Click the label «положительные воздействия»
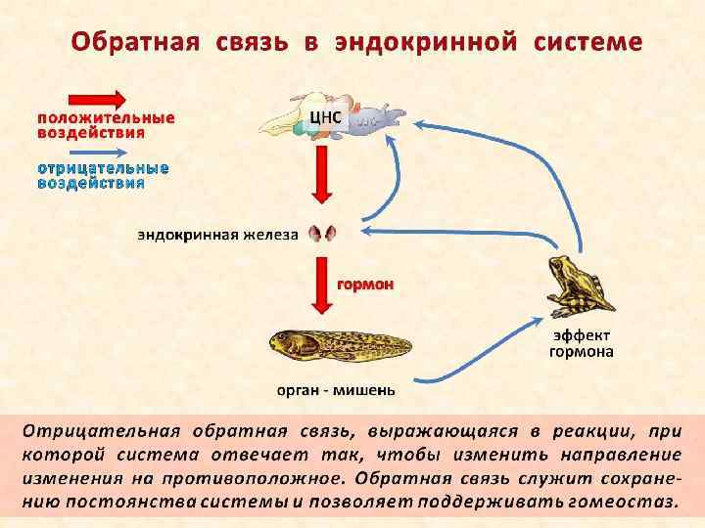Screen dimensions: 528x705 [x=106, y=124]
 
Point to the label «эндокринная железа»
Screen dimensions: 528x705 [x=216, y=235]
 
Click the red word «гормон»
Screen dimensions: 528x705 [x=365, y=285]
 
